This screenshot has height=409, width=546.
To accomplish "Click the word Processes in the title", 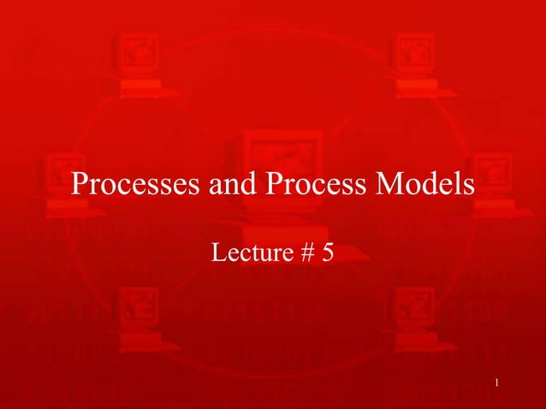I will pyautogui.click(x=136, y=184).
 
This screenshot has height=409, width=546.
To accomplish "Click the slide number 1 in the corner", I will pyautogui.click(x=497, y=383).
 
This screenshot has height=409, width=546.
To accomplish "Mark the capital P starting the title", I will pyautogui.click(x=80, y=184).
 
